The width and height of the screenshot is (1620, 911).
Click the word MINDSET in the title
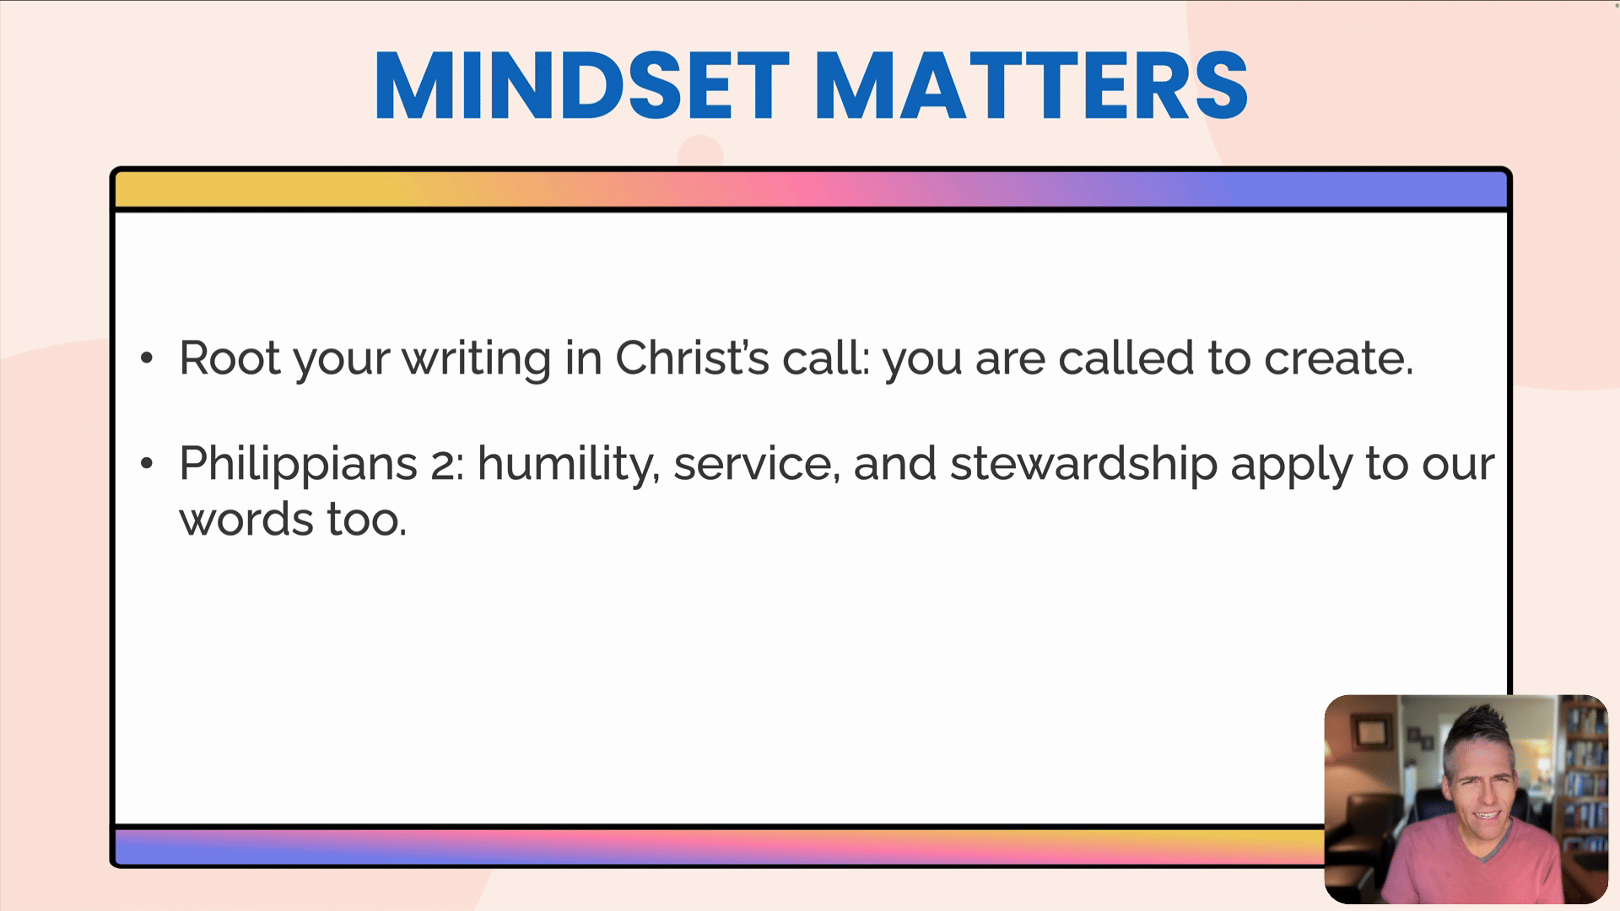582,85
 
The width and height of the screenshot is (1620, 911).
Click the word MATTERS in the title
1031,85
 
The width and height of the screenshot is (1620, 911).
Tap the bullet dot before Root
147,358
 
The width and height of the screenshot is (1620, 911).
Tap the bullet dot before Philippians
147,464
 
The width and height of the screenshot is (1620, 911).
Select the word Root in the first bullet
229,358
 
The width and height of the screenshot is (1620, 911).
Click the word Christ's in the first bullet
692,358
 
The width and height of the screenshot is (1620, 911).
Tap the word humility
568,465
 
